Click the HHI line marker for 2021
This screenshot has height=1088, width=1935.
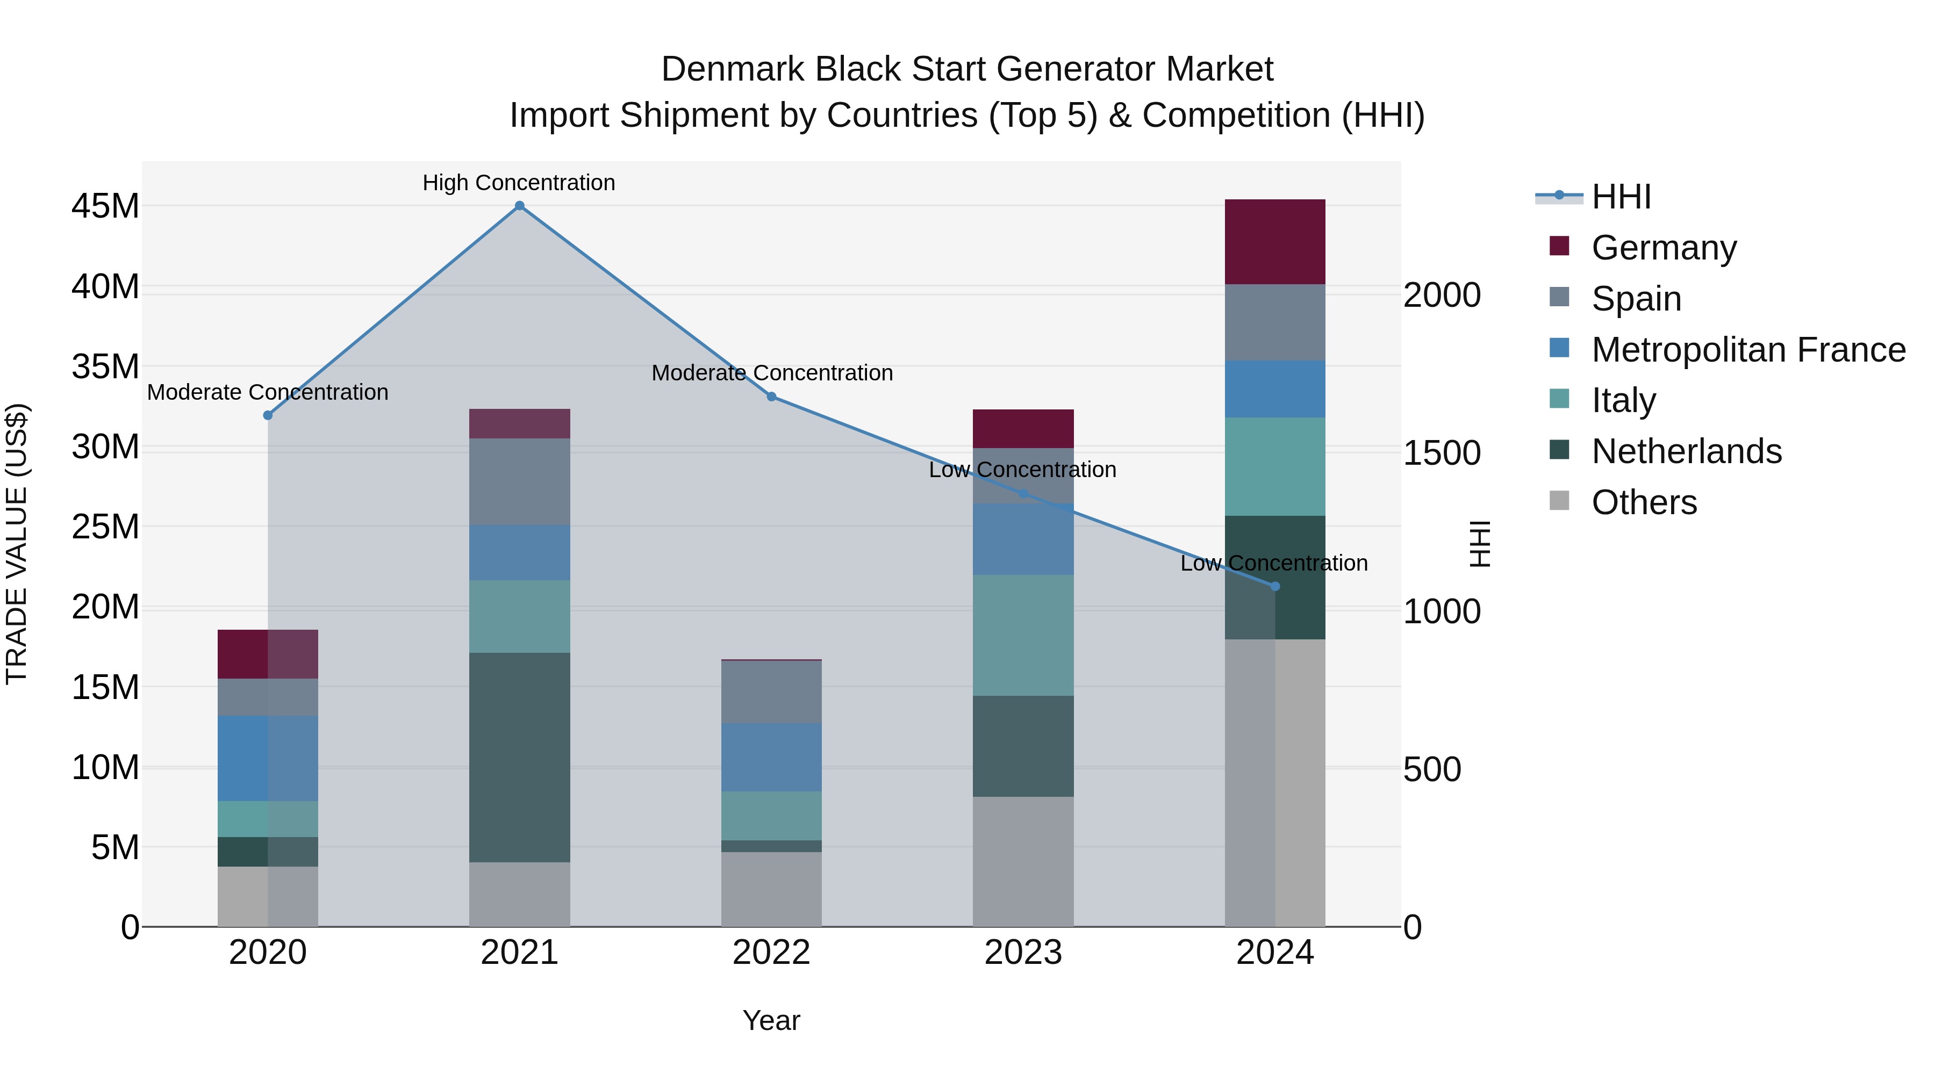[519, 206]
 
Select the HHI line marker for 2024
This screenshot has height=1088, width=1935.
[1275, 586]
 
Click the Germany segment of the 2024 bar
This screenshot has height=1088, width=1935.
[1275, 242]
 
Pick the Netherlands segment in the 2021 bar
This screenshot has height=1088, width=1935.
[519, 757]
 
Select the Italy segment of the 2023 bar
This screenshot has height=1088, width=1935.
[1022, 635]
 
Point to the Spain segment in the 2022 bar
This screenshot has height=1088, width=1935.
[771, 691]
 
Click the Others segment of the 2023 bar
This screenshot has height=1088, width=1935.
[1022, 861]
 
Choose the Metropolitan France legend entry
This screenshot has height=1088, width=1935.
[1747, 350]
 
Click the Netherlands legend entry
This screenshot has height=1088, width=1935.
[1686, 451]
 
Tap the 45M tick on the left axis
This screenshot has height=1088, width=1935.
[105, 206]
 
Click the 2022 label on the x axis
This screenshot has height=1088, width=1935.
[771, 953]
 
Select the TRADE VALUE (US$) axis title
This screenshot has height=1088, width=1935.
[17, 544]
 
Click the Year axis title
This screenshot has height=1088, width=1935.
[771, 1020]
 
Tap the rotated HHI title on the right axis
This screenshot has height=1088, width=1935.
[1478, 544]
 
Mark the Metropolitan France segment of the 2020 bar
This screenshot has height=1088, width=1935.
[268, 758]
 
